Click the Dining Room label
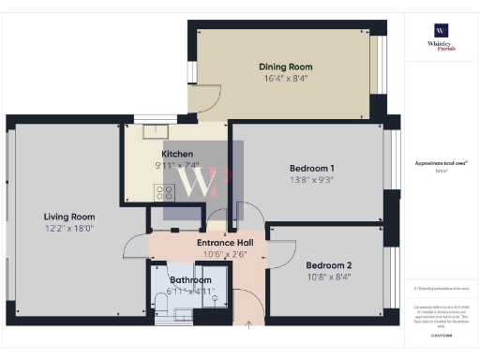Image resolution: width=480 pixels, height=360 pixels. point(285,67)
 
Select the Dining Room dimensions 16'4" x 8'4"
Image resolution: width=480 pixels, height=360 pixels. point(285,81)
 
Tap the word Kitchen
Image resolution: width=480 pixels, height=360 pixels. point(177,154)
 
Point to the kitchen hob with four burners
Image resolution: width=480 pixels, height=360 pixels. point(164,192)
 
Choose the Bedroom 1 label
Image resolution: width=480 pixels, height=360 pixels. point(311,168)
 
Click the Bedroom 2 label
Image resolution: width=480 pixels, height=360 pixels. point(328,264)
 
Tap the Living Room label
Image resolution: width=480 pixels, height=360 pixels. point(67,214)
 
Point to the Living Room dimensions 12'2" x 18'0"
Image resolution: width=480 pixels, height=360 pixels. point(67,228)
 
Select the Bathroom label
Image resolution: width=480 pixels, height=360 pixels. point(191,279)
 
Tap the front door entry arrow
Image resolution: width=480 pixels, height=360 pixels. point(248,325)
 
